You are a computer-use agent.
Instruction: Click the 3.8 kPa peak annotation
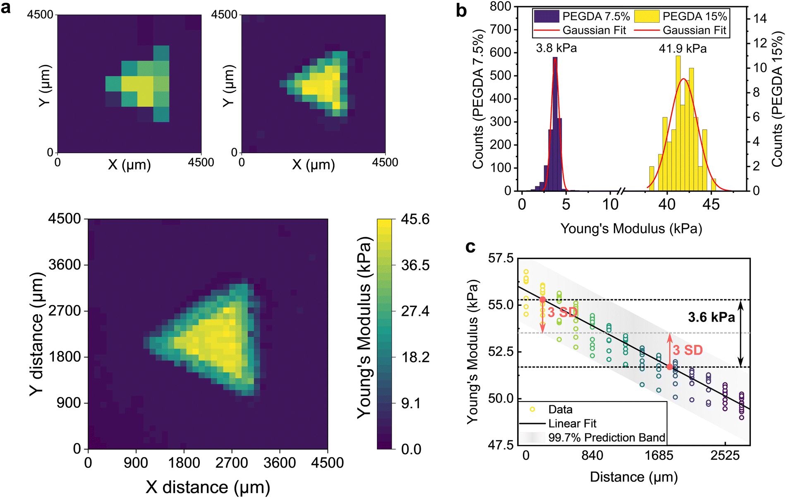pos(556,48)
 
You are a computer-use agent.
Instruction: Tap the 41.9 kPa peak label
pos(683,49)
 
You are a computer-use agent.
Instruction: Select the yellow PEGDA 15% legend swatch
pos(646,17)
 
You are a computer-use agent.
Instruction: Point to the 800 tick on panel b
pos(500,6)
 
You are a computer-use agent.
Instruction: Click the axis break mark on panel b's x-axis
pos(621,191)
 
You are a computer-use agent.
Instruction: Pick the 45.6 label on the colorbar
pos(415,219)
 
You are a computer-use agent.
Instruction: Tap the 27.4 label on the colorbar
pos(415,311)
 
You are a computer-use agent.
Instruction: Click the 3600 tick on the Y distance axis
pos(65,265)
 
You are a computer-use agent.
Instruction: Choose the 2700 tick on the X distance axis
pos(232,462)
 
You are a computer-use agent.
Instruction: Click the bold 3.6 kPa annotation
pos(711,318)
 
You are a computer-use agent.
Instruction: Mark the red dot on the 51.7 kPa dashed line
pos(669,367)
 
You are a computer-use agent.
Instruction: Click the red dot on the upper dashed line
pos(543,299)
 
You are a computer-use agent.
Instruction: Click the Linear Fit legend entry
pos(572,423)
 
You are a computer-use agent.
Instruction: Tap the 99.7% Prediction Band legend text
pos(606,438)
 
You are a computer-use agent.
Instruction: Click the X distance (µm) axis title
pos(208,487)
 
